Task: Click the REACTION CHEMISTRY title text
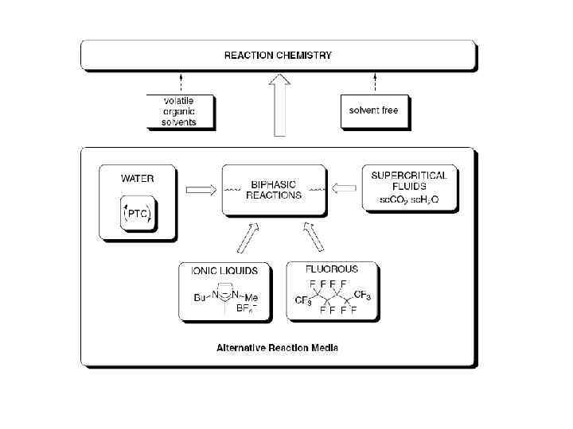point(278,56)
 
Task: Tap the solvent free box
point(373,110)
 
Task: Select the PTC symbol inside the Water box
point(137,214)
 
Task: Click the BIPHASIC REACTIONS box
point(274,190)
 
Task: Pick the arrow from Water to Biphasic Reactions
point(199,191)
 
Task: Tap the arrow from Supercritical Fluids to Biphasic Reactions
point(345,189)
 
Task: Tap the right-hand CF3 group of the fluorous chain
point(362,295)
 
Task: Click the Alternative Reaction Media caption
point(279,347)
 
